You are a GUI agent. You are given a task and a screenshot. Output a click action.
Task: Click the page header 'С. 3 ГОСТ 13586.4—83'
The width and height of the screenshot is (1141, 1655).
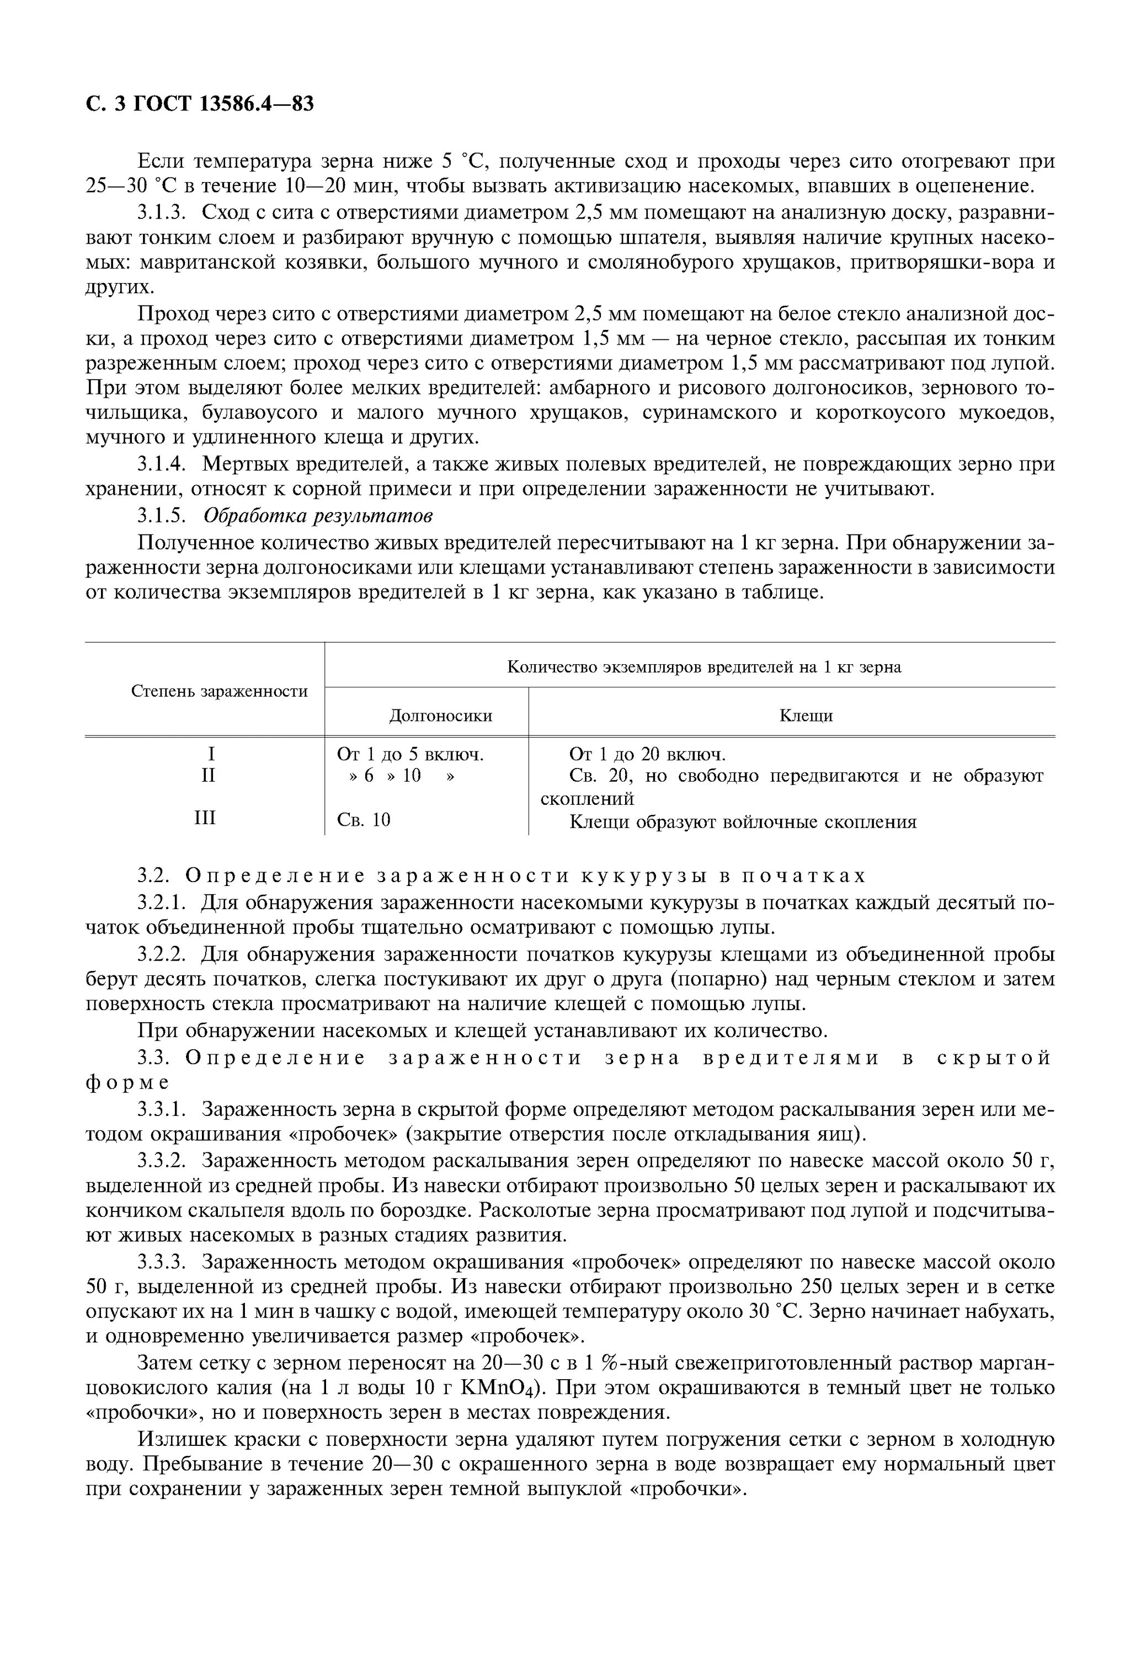click(x=200, y=104)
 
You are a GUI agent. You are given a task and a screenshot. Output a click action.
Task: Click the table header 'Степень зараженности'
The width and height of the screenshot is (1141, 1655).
click(x=220, y=691)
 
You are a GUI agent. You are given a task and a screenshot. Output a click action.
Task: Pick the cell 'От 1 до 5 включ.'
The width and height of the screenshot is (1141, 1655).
click(x=410, y=754)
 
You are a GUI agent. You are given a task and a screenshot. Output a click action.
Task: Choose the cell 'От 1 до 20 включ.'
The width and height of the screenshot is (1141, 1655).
click(x=647, y=754)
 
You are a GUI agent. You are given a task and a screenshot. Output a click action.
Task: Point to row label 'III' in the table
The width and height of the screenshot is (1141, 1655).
click(x=205, y=818)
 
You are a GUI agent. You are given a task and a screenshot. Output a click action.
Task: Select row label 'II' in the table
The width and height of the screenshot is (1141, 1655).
click(x=208, y=775)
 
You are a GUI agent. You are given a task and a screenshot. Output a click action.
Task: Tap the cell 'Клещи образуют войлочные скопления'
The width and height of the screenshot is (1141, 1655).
click(x=743, y=822)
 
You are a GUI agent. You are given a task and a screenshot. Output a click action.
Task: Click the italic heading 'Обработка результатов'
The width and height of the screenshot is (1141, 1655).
click(x=318, y=515)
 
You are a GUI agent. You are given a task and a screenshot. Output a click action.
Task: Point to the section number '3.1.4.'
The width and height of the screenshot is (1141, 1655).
click(x=162, y=465)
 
